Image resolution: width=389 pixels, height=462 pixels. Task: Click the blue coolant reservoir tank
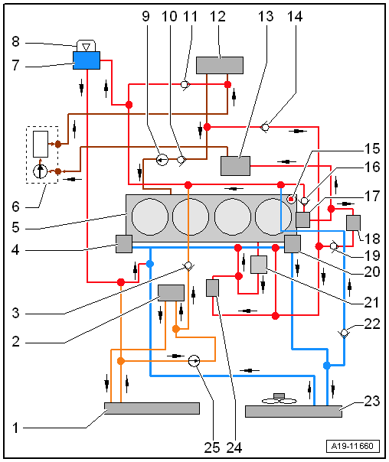pyautogui.click(x=87, y=60)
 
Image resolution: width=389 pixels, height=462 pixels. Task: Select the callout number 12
pyautogui.click(x=217, y=17)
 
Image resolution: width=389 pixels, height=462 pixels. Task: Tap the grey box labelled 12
pyautogui.click(x=220, y=65)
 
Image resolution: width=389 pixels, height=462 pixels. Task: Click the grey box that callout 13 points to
pyautogui.click(x=235, y=166)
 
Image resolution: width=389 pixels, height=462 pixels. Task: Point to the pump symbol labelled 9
pyautogui.click(x=162, y=160)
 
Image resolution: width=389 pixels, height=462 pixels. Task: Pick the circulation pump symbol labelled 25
pyautogui.click(x=194, y=361)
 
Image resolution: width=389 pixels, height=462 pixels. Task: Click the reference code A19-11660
pyautogui.click(x=352, y=446)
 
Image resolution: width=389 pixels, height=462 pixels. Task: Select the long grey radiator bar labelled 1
pyautogui.click(x=152, y=408)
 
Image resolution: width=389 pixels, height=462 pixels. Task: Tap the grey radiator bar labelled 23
pyautogui.click(x=293, y=412)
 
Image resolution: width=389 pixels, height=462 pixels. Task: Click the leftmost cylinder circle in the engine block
pyautogui.click(x=150, y=217)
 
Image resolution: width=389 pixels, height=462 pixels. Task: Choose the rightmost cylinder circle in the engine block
pyautogui.click(x=273, y=217)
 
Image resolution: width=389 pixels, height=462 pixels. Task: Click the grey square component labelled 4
pyautogui.click(x=124, y=244)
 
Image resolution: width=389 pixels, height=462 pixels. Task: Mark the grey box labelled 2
pyautogui.click(x=171, y=293)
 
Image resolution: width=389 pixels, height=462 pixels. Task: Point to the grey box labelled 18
pyautogui.click(x=353, y=223)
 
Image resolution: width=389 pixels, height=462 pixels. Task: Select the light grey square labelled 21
pyautogui.click(x=259, y=265)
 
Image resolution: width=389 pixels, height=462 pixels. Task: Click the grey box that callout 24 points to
pyautogui.click(x=212, y=288)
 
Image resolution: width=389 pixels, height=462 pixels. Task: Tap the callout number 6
pyautogui.click(x=15, y=207)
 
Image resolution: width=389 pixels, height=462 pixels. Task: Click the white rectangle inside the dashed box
pyautogui.click(x=41, y=144)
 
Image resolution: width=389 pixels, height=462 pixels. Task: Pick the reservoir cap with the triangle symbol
pyautogui.click(x=86, y=46)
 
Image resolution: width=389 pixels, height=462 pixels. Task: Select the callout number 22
pyautogui.click(x=372, y=324)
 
